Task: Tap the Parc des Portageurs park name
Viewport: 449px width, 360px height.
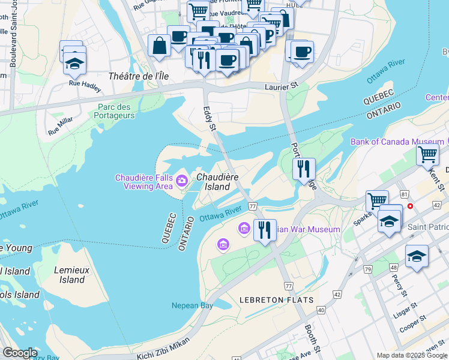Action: coord(114,112)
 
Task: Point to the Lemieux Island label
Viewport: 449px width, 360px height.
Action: coord(72,275)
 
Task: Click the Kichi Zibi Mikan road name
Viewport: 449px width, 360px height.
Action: coord(163,347)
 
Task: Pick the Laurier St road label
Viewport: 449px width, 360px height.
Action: coord(282,86)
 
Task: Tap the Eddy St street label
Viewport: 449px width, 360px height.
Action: coord(209,119)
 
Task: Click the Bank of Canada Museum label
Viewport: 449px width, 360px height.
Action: coord(397,142)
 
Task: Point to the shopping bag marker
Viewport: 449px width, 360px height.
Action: coord(159,46)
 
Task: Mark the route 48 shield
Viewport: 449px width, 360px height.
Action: coord(394,267)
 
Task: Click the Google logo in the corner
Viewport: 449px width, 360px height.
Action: coord(20,353)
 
